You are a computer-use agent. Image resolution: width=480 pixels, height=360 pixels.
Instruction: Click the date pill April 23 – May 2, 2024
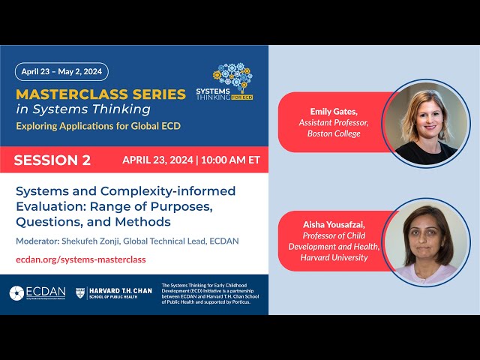[61, 72]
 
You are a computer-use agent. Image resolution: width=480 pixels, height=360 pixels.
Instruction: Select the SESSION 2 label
[52, 160]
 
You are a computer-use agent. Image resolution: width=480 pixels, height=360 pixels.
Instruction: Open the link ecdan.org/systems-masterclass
[81, 259]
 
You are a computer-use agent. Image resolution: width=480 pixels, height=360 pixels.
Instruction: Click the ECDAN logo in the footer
[37, 292]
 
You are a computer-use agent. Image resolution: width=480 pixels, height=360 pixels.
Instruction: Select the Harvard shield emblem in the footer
[80, 292]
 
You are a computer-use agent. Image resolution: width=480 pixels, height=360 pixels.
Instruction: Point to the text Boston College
[334, 133]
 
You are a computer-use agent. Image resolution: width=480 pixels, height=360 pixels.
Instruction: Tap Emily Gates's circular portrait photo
[425, 122]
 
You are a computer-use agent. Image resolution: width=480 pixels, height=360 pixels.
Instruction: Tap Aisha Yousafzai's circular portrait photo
[425, 241]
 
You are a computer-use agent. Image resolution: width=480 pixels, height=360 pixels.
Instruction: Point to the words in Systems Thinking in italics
[82, 109]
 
